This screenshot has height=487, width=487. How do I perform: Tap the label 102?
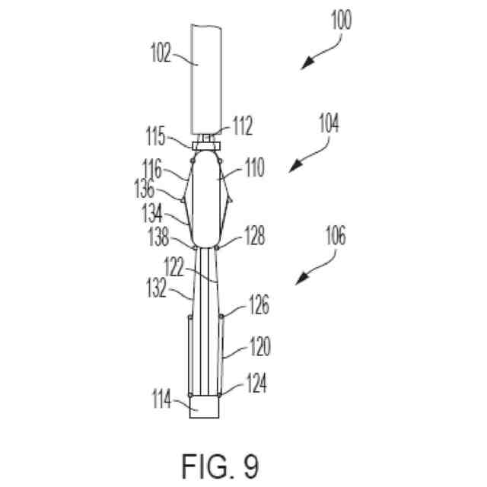click(x=163, y=55)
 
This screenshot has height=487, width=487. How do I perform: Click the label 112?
click(x=242, y=128)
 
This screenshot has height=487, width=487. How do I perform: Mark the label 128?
click(x=254, y=238)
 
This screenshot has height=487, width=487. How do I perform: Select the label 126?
click(x=258, y=307)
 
